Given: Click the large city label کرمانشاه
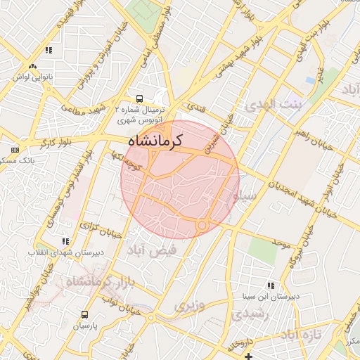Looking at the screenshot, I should [155, 141].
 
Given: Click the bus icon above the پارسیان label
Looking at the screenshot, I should [85, 314].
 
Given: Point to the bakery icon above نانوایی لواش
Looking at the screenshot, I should [49, 51].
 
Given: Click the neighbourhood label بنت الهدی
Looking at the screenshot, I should [272, 105].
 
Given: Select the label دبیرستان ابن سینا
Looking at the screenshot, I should [279, 297].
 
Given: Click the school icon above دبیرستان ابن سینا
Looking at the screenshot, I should [270, 285].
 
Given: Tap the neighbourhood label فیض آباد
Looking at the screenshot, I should [147, 250].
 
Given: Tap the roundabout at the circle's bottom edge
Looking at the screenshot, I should [202, 225].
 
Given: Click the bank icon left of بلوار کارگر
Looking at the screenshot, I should [15, 150].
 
